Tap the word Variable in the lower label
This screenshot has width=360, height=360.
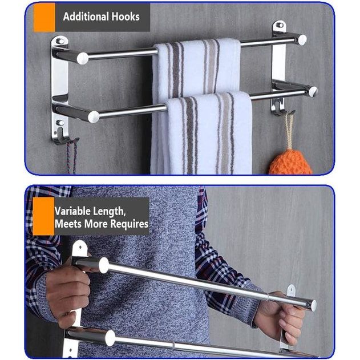coord(73,211)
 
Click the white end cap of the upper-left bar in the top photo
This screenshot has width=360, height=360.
coord(83,58)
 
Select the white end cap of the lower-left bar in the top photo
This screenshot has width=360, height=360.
coord(93,117)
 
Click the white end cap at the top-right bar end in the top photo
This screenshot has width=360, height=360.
coord(302,40)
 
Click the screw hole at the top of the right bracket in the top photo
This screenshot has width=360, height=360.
coord(280,26)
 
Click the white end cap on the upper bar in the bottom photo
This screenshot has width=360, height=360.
coord(104,265)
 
